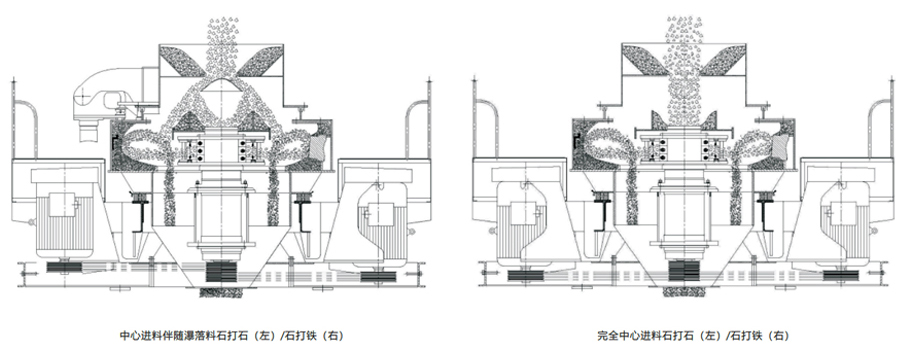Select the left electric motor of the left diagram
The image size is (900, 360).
[x=62, y=214]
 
